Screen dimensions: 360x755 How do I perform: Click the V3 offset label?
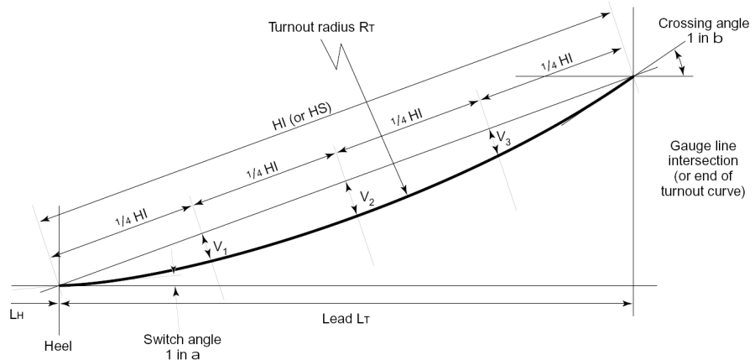(x=500, y=136)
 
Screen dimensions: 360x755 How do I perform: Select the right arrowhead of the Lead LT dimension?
(x=628, y=303)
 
